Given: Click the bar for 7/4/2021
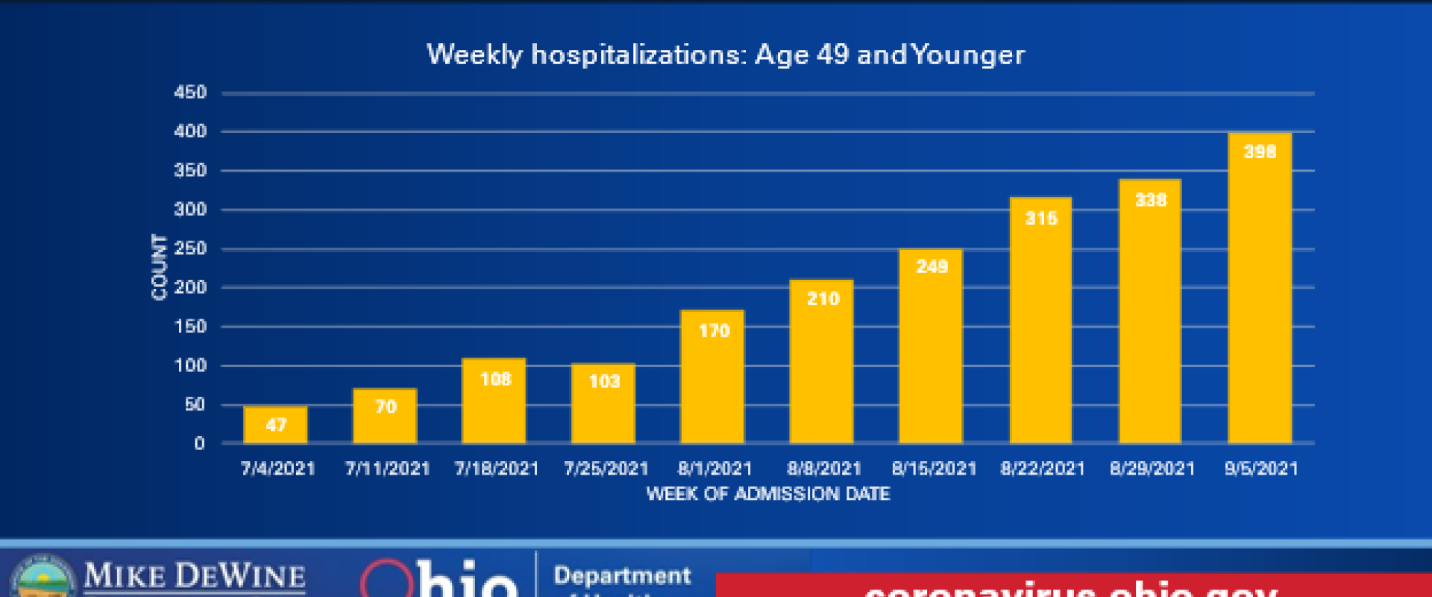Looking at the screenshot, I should point(275,425).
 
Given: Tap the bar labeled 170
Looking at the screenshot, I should point(712,377).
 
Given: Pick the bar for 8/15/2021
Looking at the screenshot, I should point(931,346).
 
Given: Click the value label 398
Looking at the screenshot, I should point(1260,152).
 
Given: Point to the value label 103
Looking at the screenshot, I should point(604,382).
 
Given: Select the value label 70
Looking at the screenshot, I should point(386,407).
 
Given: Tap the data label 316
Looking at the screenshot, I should point(1041,219).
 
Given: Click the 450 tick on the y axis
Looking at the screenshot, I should point(190,93).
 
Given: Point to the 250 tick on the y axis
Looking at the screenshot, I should point(190,249).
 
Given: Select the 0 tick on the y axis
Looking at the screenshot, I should point(199,443).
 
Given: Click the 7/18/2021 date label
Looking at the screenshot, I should point(497,469).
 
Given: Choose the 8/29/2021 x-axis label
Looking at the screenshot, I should point(1152,469).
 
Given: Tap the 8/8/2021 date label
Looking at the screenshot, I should point(824,469).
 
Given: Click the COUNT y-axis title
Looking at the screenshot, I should point(159,267).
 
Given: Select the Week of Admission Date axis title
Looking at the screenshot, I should point(768,494).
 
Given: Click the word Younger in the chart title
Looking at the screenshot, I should point(968,55).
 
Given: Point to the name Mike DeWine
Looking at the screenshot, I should point(195,576).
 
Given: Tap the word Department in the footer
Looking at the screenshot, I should point(622,576).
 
